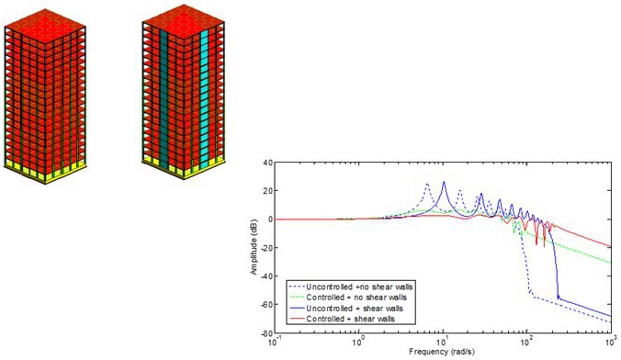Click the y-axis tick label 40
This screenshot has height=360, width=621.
click(x=265, y=163)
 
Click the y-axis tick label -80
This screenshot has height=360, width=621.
click(x=264, y=332)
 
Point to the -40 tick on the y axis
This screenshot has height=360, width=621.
click(x=264, y=276)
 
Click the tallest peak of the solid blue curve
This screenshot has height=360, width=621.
click(x=444, y=183)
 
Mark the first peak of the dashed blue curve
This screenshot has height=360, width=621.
click(x=427, y=185)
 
